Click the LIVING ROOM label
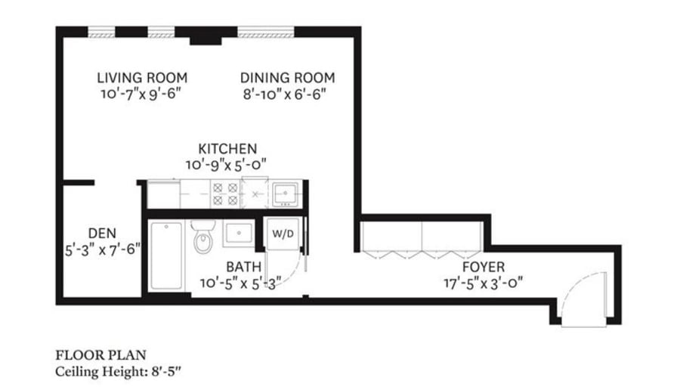click(x=142, y=78)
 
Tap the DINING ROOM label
click(x=287, y=78)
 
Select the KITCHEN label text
click(x=227, y=148)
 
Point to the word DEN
click(x=101, y=233)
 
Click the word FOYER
click(x=484, y=267)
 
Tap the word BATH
click(x=244, y=267)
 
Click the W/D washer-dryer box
click(x=283, y=234)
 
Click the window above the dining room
click(x=266, y=33)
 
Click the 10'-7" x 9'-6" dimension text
click(x=142, y=94)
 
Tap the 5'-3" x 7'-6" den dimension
click(x=101, y=249)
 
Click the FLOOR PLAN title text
click(x=100, y=354)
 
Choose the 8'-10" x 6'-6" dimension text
click(x=287, y=94)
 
